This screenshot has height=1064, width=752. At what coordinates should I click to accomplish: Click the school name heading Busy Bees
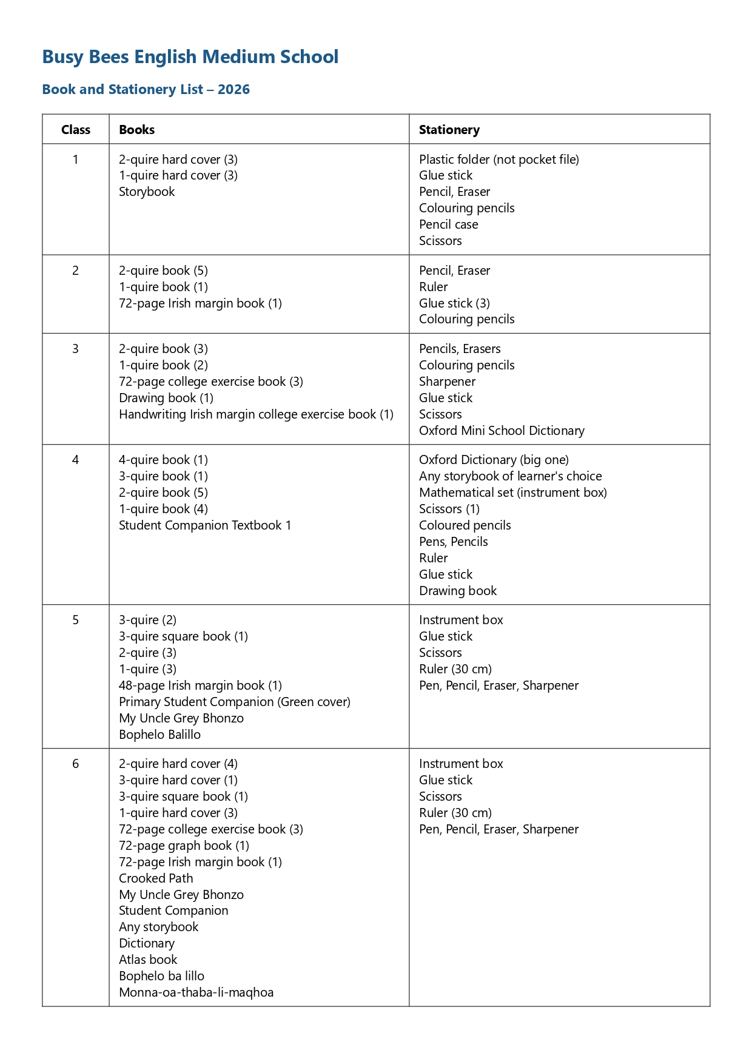pos(190,57)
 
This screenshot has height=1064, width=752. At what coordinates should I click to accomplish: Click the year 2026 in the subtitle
pos(233,90)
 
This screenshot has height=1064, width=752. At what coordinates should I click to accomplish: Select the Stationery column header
pos(449,130)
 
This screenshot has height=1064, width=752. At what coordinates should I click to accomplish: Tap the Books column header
pos(136,130)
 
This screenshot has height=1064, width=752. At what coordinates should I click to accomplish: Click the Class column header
pos(76,130)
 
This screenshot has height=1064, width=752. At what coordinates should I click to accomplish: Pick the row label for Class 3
pos(76,349)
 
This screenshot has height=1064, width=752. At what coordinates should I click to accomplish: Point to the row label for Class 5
pos(76,620)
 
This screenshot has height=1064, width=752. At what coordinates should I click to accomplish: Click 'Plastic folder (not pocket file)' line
pos(499,160)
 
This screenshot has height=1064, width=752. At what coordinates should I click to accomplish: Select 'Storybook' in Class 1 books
pos(147,192)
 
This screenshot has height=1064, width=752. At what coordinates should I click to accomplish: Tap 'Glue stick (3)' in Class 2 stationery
pos(454,303)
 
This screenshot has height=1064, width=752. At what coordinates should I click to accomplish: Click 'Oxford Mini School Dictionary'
pos(502,431)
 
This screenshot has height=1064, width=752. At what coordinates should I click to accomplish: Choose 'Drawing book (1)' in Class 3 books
pos(166,398)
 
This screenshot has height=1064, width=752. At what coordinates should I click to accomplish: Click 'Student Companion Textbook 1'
pos(205,525)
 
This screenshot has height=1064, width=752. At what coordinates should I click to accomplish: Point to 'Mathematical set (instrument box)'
pos(512,493)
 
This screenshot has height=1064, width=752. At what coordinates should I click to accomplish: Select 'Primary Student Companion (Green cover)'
pos(235,702)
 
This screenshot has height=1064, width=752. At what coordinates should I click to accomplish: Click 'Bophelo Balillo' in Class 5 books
pos(159,735)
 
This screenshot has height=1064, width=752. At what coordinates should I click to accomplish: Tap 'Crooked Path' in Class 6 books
pos(156,878)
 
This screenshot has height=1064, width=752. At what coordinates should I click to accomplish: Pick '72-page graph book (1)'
pos(184,846)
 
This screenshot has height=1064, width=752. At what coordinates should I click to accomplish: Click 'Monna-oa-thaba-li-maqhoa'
pos(196,992)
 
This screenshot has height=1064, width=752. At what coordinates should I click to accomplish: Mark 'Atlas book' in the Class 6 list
pos(148,960)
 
